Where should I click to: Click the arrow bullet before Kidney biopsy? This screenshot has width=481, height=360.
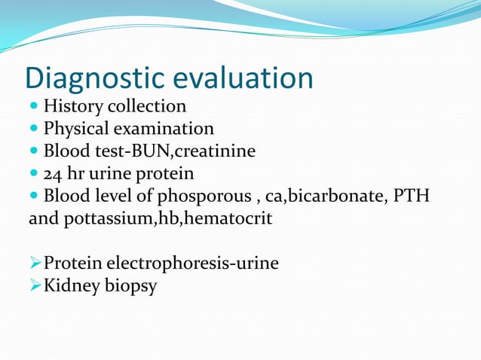click(35, 287)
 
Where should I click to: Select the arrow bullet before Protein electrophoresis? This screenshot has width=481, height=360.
click(35, 264)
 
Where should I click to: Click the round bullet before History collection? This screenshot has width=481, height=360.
click(34, 106)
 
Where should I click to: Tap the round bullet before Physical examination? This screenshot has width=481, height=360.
click(34, 129)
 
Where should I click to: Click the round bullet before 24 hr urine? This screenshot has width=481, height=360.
click(34, 175)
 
